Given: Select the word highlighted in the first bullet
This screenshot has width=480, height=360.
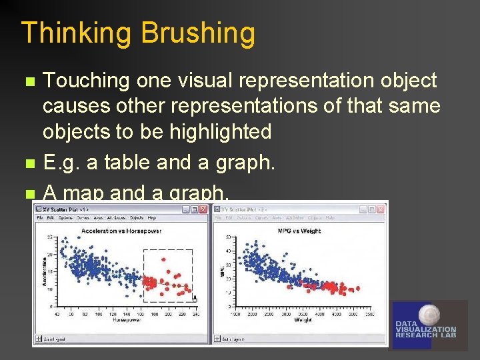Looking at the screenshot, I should (x=221, y=131).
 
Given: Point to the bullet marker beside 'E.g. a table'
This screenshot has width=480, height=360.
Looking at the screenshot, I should (x=27, y=162).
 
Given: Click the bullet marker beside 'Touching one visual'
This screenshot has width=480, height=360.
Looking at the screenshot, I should (x=27, y=82).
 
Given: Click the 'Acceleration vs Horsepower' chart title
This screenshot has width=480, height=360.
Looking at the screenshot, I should (x=121, y=231).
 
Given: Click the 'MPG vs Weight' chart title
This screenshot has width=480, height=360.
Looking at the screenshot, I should (x=299, y=231).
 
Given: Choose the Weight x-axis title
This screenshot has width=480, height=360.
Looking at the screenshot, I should (x=301, y=321).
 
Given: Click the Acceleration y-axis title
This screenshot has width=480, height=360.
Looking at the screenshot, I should (x=45, y=272).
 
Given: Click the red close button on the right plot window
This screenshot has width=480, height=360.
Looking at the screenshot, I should (x=381, y=209).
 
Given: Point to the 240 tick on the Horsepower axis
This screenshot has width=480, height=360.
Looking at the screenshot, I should (x=194, y=315).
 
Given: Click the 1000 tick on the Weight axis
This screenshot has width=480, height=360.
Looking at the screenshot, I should (x=235, y=315).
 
